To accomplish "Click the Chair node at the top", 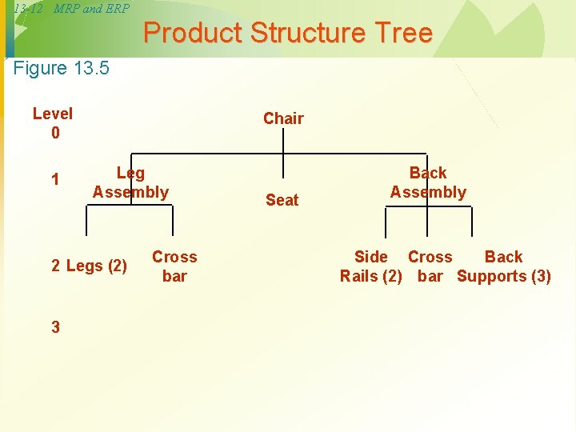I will point(283,118).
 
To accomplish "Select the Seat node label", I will point(282,200).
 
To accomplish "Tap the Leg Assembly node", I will point(130,182).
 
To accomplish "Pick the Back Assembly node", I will point(428,182).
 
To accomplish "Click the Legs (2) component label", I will point(96,266).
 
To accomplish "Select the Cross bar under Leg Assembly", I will point(174,266).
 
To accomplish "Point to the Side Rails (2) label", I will point(370,266).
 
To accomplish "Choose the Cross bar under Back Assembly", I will point(430,266).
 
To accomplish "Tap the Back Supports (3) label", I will point(504,266).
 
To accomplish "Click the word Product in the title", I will point(193,34).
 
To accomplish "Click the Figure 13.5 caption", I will point(62,68).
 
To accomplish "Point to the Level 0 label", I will point(53,123).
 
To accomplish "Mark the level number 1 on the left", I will point(54,179).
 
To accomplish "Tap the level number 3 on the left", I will point(55,326).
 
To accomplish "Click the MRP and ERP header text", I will point(91,9).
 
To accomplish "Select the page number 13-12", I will point(28,9).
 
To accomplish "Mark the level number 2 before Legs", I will point(56,266).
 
